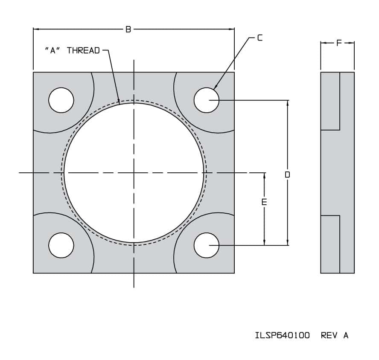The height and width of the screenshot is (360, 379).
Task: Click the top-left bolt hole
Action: [x=61, y=100]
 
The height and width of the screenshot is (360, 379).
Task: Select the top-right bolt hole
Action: [x=207, y=100]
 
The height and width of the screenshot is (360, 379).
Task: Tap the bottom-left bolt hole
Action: [x=61, y=245]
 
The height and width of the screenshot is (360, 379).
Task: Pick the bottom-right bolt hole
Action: [x=207, y=245]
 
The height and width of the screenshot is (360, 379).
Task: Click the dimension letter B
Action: [x=128, y=29]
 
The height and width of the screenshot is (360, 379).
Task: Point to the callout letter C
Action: [x=260, y=38]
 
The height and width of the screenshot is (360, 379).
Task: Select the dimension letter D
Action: [x=287, y=174]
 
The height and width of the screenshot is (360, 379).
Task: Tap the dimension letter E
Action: [x=264, y=202]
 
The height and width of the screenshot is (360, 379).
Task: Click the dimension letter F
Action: [x=339, y=43]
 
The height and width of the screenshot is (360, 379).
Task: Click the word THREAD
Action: [x=83, y=50]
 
